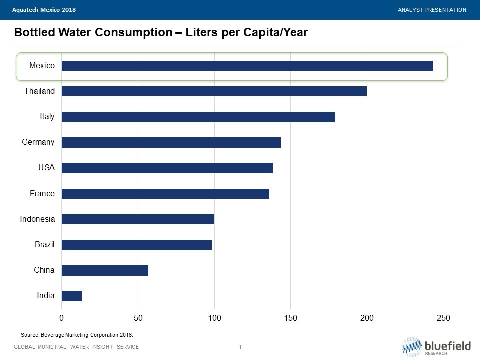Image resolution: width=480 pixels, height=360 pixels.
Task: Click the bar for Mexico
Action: point(247,66)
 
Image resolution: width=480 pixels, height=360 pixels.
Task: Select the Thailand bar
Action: point(214,91)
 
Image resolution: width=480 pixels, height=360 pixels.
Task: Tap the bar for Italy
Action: point(198,117)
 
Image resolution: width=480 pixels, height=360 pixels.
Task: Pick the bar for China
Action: point(105,270)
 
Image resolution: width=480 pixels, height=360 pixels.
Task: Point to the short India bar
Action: point(72,296)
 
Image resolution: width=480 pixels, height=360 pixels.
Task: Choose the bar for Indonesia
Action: point(138,219)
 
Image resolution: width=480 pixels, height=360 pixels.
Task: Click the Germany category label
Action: point(38,142)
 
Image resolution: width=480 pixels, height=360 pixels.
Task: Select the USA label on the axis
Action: point(46,168)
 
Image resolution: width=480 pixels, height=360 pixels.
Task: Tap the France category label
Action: point(42,193)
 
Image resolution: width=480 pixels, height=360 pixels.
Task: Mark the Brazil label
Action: point(44,245)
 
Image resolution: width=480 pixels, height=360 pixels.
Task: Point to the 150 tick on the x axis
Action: point(291,318)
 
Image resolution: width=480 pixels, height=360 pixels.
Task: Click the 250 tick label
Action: point(443,318)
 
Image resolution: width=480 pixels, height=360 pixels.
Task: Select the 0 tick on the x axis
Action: point(62,318)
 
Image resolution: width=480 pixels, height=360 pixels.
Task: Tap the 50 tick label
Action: point(138,318)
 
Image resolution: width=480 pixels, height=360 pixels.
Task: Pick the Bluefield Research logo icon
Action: point(412,346)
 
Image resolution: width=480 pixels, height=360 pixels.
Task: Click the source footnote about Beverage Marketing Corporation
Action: point(77,335)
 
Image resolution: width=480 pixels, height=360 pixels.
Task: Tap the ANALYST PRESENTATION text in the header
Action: point(432,10)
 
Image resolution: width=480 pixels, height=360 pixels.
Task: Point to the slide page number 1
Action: point(240,347)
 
